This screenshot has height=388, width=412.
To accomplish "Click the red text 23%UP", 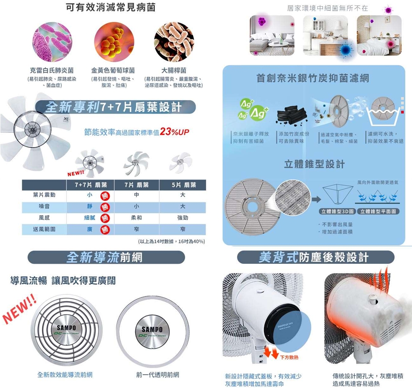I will (x=174, y=132).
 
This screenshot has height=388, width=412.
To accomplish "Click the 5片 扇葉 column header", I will (x=182, y=185).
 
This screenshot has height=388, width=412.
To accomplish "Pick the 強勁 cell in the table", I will (x=182, y=217).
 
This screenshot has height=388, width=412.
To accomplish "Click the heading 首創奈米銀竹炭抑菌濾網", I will (x=312, y=78).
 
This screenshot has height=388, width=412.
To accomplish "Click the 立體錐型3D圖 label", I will (x=337, y=212).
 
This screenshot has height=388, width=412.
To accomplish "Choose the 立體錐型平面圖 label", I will (x=377, y=212).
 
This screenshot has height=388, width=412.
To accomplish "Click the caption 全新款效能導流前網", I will (x=65, y=374).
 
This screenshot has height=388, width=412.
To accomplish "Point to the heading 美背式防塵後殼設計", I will (x=316, y=258).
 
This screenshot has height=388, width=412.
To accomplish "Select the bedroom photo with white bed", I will (x=379, y=35).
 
